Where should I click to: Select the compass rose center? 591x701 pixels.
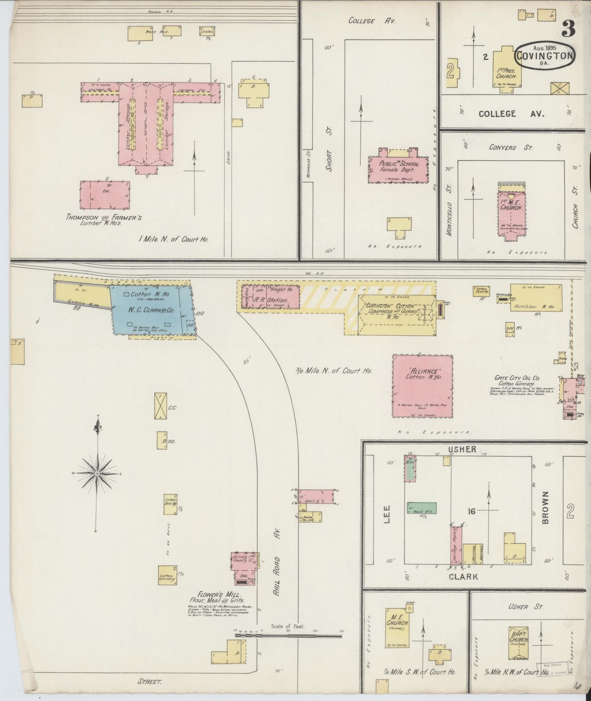(97, 474)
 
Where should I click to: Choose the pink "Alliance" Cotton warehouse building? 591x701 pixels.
(422, 386)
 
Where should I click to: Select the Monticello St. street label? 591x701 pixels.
(450, 210)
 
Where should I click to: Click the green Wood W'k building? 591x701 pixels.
(422, 508)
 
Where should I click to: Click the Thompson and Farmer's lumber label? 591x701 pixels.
(104, 219)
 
